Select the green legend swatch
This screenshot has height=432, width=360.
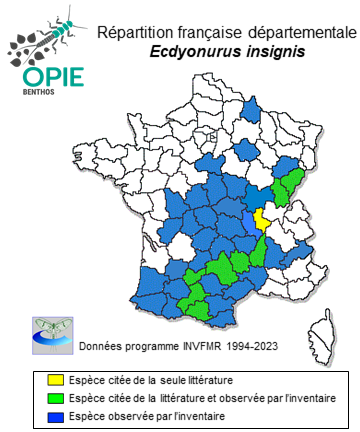tap(55, 397)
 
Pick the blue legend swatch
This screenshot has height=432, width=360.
tap(55, 415)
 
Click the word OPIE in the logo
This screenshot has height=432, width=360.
tap(43, 78)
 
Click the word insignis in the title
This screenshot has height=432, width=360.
tap(271, 50)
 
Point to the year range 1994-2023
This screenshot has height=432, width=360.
tap(248, 347)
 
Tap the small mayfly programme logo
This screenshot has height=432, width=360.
tap(47, 334)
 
